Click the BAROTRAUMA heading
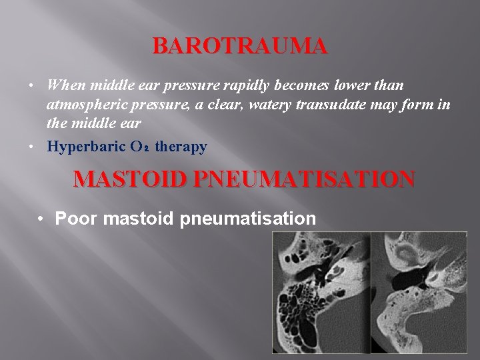(241, 46)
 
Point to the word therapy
(181, 147)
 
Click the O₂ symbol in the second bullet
(141, 147)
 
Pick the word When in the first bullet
(65, 86)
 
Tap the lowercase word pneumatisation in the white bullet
(245, 218)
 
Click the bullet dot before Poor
(42, 218)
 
